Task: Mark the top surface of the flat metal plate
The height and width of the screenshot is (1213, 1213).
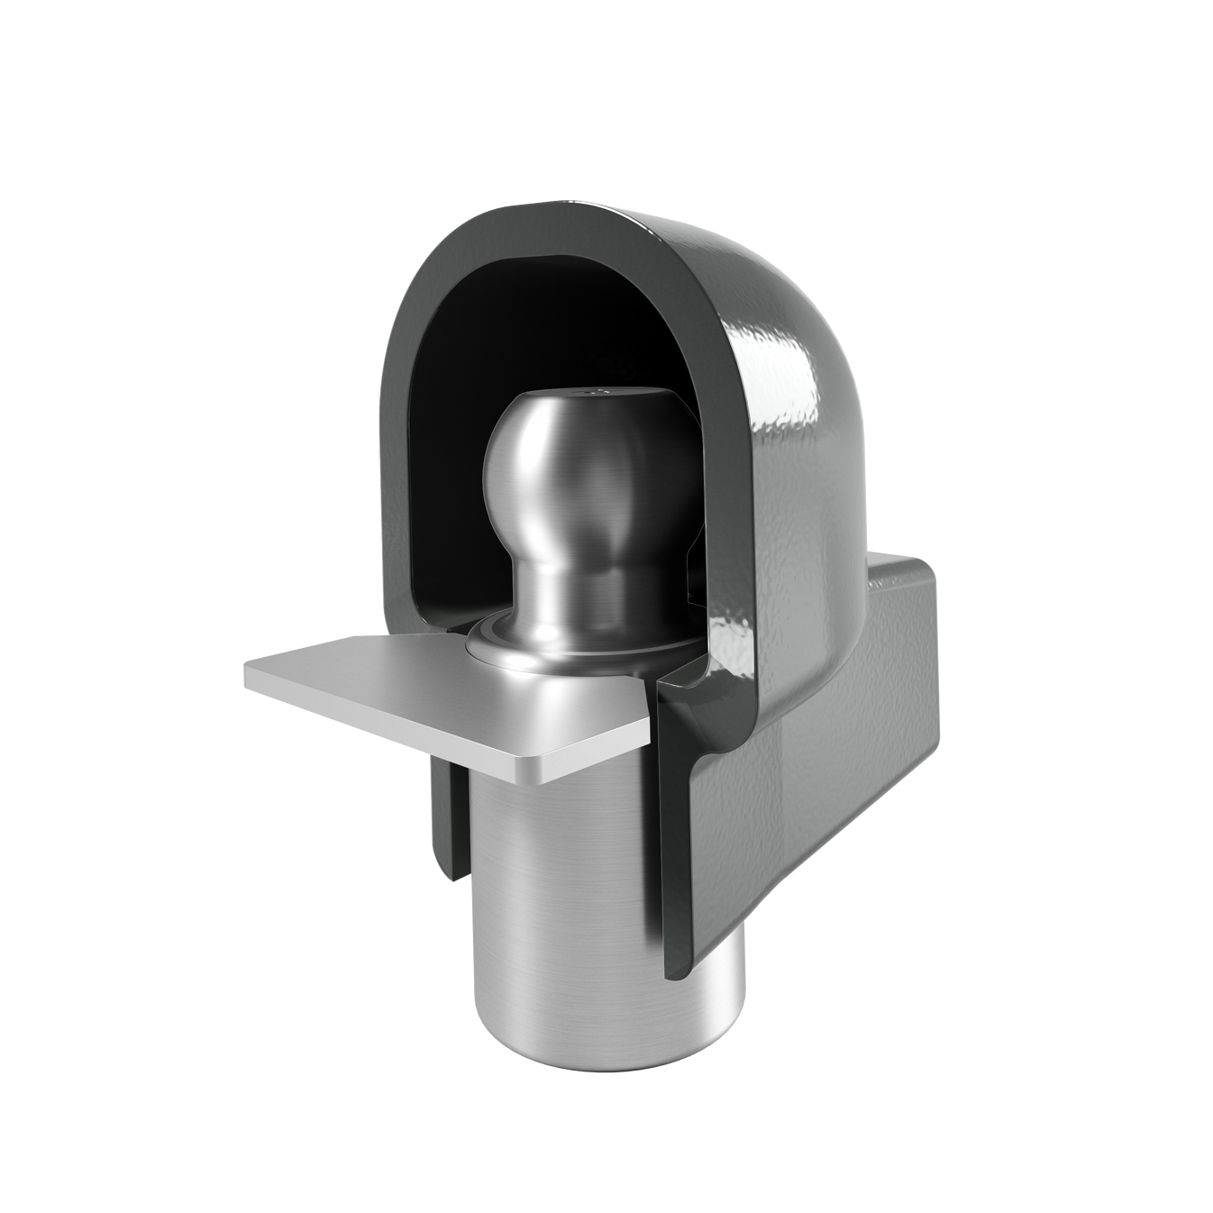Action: click(406, 685)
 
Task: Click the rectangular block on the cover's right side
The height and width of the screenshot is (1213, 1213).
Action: click(865, 721)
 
